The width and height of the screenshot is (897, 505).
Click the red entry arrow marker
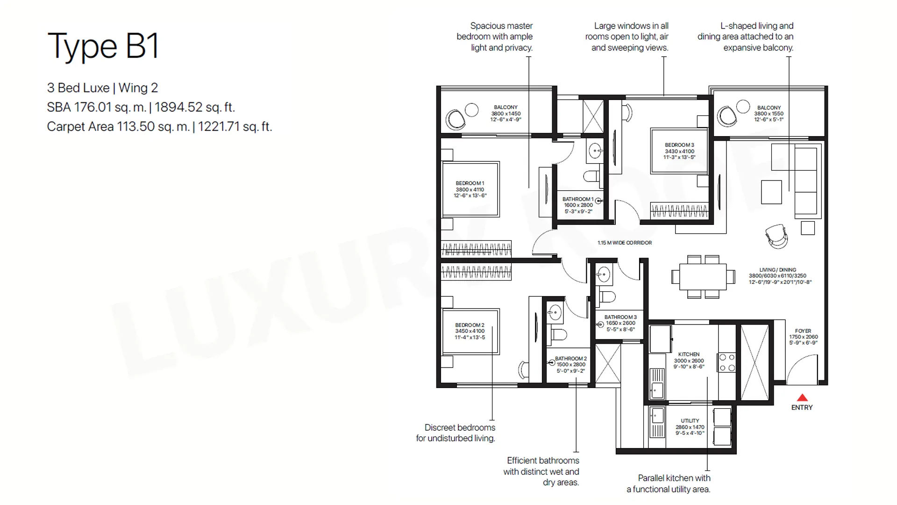click(x=802, y=398)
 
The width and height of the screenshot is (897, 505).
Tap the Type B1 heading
click(x=103, y=46)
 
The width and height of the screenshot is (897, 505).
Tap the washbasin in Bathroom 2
click(x=555, y=313)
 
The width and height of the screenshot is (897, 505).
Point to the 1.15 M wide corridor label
click(x=625, y=243)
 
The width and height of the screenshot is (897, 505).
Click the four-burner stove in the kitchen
click(x=727, y=362)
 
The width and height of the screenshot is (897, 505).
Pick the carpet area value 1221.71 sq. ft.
click(x=235, y=127)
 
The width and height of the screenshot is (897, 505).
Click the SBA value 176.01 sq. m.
click(x=97, y=107)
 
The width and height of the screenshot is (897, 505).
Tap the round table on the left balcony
click(x=472, y=110)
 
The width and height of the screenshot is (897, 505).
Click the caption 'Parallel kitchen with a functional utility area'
click(x=669, y=483)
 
